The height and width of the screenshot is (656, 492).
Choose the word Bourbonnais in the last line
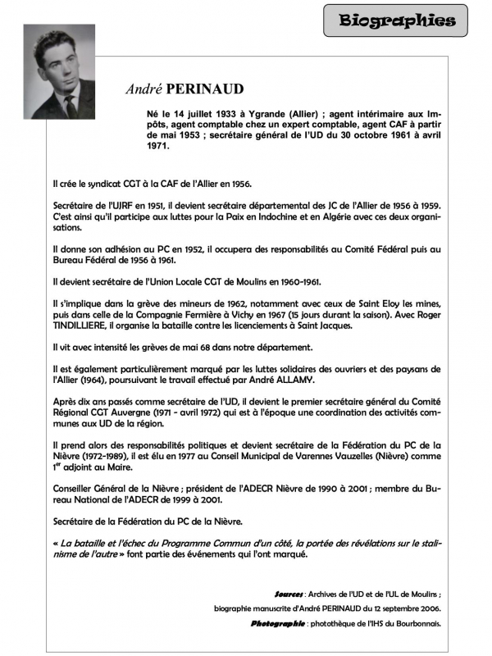point(417,623)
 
